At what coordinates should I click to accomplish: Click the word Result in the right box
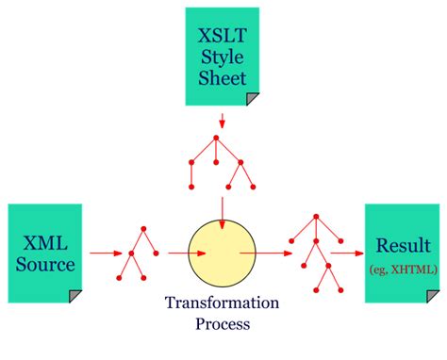click(404, 248)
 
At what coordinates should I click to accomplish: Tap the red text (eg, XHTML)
click(404, 270)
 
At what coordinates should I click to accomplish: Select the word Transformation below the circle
click(222, 303)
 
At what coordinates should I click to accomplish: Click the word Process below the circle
click(222, 326)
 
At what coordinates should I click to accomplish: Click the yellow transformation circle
click(223, 253)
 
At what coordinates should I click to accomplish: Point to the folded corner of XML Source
click(74, 296)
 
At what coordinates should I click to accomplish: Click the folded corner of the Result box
click(435, 296)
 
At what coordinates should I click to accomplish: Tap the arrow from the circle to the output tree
click(272, 253)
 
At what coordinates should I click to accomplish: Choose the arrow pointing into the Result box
click(346, 253)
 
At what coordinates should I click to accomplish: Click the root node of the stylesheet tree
click(217, 139)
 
